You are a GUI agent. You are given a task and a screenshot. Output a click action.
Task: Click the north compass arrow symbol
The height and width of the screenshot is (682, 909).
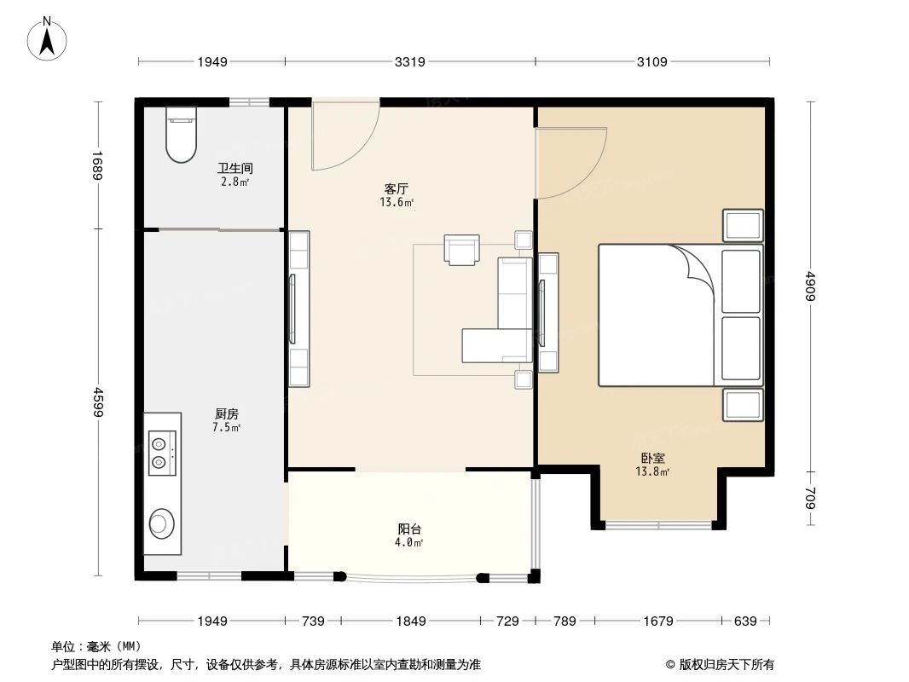[47, 38]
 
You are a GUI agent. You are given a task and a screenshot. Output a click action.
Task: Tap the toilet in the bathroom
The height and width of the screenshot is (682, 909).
[181, 134]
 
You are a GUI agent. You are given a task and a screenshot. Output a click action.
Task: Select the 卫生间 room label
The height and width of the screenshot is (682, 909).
[234, 168]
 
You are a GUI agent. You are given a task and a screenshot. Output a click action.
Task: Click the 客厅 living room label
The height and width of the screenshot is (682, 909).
[397, 189]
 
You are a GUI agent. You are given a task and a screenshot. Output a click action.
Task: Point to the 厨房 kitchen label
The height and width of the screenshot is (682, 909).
[226, 414]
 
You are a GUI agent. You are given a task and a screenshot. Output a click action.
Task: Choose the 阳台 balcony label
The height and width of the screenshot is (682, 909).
[409, 529]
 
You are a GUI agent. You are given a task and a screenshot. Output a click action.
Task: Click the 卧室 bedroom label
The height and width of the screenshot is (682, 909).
[653, 458]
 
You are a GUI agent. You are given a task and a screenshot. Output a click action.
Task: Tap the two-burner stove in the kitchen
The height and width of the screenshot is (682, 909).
[162, 454]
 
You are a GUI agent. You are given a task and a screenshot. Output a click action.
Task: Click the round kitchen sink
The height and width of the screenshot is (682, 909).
[161, 523]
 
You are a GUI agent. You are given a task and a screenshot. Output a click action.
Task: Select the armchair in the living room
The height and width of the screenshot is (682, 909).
[461, 250]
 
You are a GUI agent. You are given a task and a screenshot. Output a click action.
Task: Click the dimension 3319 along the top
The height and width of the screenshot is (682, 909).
[410, 61]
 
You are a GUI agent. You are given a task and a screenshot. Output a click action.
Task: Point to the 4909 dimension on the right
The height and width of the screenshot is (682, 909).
[810, 286]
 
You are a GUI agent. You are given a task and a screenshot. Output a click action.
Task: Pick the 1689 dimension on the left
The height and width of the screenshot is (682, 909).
[97, 165]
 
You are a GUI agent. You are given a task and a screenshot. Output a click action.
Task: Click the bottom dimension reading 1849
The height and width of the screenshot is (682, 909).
[411, 621]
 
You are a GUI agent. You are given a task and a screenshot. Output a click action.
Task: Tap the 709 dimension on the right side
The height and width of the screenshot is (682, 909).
[810, 499]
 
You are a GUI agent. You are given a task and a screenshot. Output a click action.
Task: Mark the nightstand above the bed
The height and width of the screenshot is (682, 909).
[743, 225]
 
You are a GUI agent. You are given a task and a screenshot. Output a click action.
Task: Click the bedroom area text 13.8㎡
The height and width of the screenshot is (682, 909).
[653, 471]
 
